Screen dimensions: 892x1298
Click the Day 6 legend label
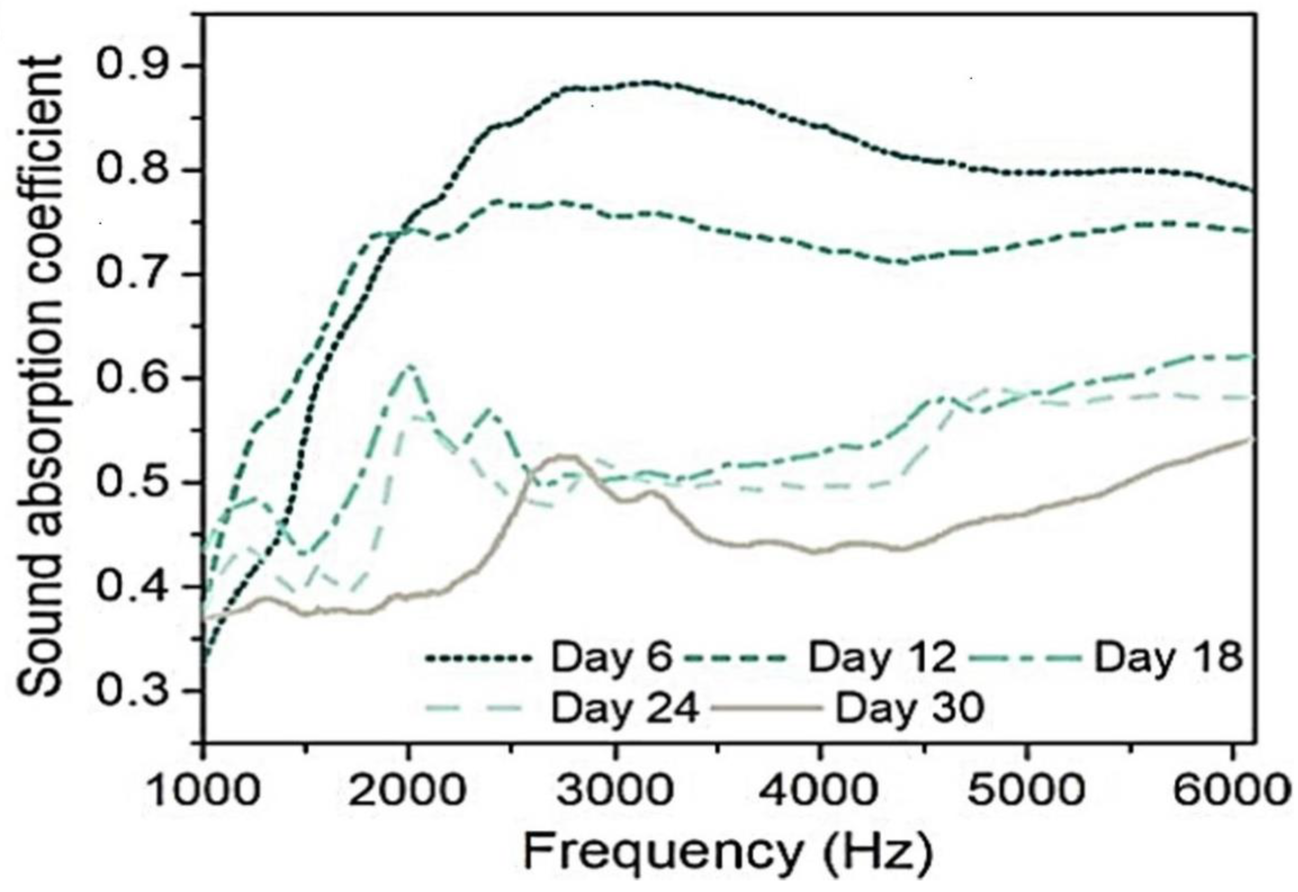[x=610, y=657]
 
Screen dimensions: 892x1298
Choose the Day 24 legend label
[x=625, y=709]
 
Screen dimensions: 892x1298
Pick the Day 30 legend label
[x=909, y=709]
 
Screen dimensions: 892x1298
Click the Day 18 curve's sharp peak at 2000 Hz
[x=410, y=366]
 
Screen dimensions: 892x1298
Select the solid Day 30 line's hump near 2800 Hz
[x=565, y=457]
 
